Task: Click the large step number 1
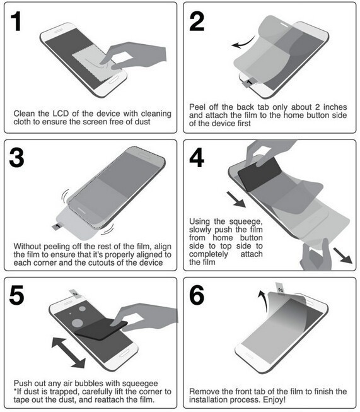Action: pyautogui.click(x=16, y=22)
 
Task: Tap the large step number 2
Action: pyautogui.click(x=197, y=22)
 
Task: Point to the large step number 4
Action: pyautogui.click(x=197, y=158)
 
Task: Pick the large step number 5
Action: pyautogui.click(x=16, y=295)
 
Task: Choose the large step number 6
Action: pyautogui.click(x=197, y=295)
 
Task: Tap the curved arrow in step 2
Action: pyautogui.click(x=243, y=43)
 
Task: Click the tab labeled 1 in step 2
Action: pyautogui.click(x=248, y=83)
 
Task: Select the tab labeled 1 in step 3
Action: pyautogui.click(x=57, y=226)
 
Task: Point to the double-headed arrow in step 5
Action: pyautogui.click(x=68, y=353)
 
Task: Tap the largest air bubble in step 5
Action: pyautogui.click(x=78, y=322)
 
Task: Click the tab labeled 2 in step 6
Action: pyautogui.click(x=280, y=288)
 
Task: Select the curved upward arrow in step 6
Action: pyautogui.click(x=264, y=301)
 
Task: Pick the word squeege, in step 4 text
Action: pyautogui.click(x=246, y=221)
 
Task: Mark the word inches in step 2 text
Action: pyautogui.click(x=335, y=107)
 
